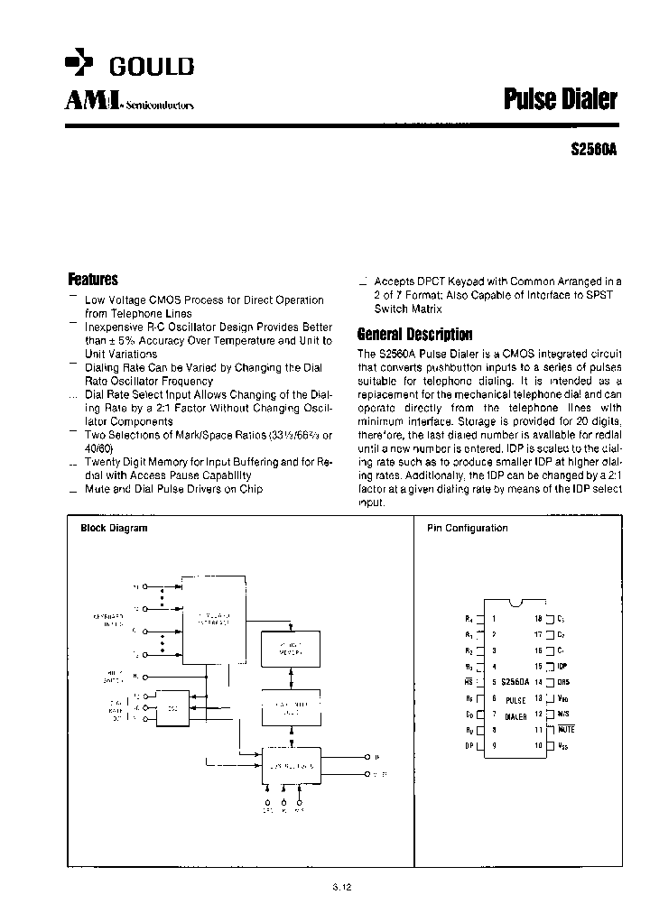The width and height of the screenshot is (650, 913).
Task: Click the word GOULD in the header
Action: click(152, 67)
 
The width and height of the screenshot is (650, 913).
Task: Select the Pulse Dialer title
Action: click(560, 99)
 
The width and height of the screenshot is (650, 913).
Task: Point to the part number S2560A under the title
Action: click(594, 151)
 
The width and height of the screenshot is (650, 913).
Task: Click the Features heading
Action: click(93, 280)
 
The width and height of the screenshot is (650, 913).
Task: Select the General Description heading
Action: click(414, 334)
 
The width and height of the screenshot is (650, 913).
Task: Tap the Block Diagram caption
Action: click(114, 528)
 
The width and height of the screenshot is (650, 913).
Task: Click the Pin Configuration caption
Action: click(467, 528)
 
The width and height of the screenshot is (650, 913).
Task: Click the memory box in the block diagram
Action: click(290, 647)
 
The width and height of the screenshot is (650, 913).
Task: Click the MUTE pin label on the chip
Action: click(567, 729)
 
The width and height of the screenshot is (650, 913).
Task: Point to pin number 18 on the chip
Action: click(538, 619)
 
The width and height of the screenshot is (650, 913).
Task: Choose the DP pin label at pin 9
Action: click(469, 746)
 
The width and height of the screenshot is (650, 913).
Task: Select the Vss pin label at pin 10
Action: click(563, 746)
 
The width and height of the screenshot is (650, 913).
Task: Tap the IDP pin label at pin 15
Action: click(563, 666)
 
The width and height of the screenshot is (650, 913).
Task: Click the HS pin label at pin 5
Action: click(469, 682)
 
